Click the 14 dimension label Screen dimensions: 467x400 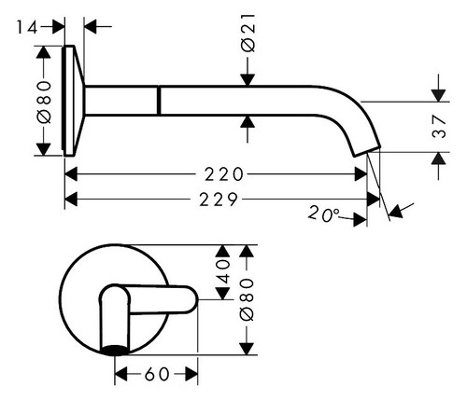(x=27, y=27)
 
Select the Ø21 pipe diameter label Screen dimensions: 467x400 (x=248, y=34)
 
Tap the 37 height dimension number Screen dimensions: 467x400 (x=439, y=126)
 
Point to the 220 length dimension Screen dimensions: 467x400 (x=224, y=174)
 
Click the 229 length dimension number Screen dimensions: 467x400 (x=219, y=200)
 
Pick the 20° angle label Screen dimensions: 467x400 (x=323, y=214)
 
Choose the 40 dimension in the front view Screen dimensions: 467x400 (x=223, y=272)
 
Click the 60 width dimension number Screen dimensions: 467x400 (x=157, y=374)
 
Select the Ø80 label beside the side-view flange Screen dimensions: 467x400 (x=44, y=102)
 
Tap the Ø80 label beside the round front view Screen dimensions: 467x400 (x=248, y=299)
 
